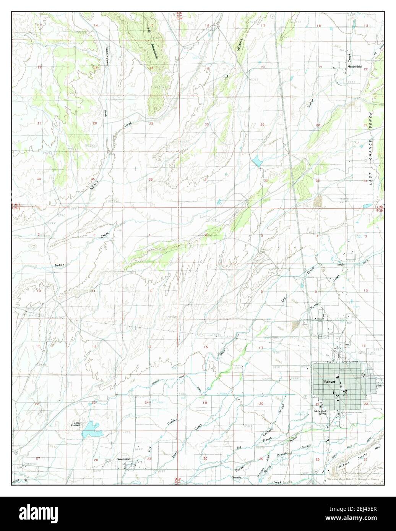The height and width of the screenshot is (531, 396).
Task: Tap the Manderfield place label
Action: point(354,66)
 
